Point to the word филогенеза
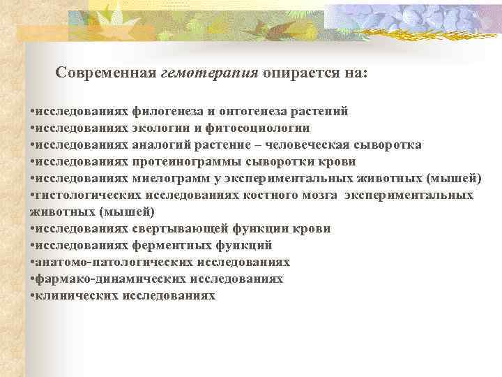pyautogui.click(x=162, y=112)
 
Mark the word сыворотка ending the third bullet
pyautogui.click(x=390, y=145)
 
